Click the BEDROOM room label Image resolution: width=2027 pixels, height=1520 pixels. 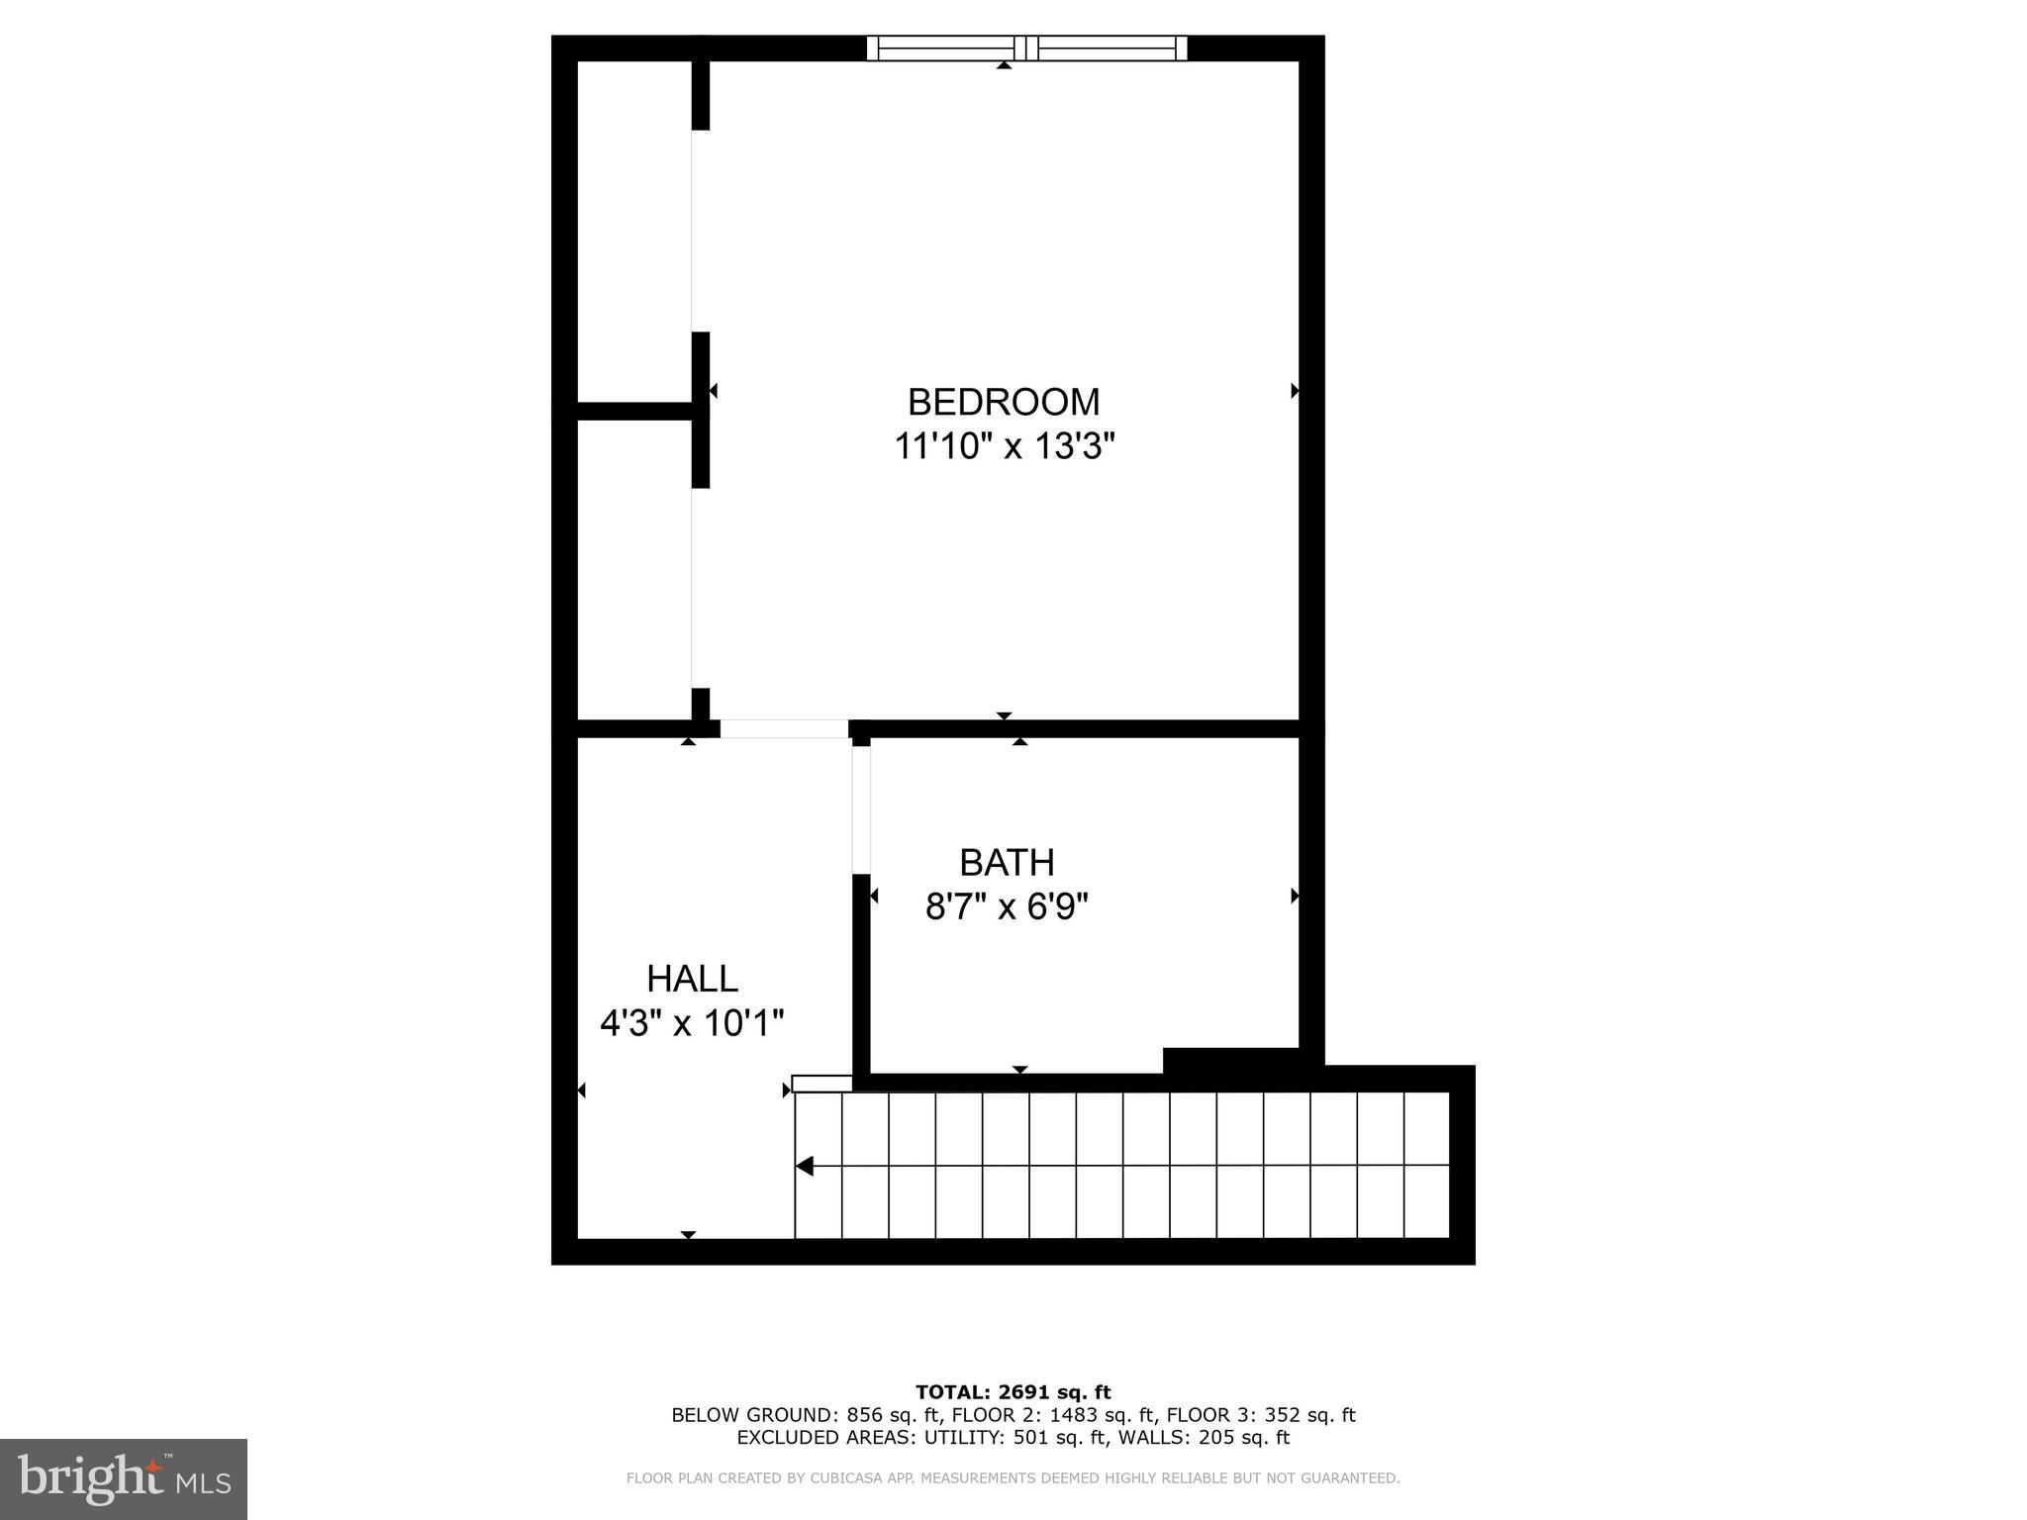pos(1004,402)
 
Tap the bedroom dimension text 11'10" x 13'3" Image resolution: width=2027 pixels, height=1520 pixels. pos(1004,446)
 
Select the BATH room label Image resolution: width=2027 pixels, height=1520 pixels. pos(1007,863)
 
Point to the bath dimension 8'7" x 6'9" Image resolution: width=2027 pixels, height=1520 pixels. pos(1007,906)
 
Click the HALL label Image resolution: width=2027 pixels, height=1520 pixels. pos(692,979)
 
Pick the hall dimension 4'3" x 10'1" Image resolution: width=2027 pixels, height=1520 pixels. pos(692,1022)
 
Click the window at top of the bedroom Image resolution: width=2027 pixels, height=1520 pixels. pos(1026,47)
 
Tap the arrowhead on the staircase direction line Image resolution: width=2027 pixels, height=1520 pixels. pos(805,1167)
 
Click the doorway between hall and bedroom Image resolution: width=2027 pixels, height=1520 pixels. pos(784,729)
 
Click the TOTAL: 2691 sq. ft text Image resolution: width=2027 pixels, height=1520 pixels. pos(1013,1393)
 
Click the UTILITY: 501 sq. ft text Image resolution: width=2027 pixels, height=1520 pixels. pos(1005,1437)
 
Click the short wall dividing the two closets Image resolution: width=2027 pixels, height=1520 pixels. pos(633,411)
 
